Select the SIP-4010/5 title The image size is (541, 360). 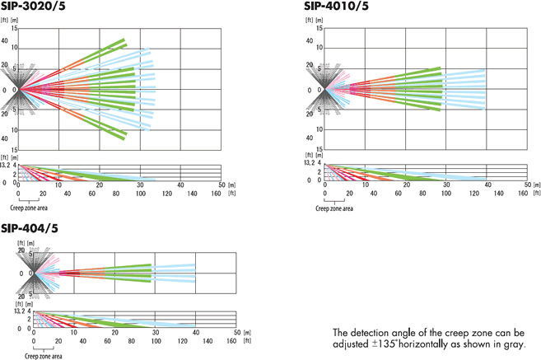338,6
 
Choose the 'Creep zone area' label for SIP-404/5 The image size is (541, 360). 45,356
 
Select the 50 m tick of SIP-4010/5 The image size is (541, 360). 527,186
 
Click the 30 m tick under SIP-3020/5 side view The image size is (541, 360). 140,186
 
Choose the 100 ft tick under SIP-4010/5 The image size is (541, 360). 449,194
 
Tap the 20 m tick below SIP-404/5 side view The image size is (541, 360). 115,333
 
